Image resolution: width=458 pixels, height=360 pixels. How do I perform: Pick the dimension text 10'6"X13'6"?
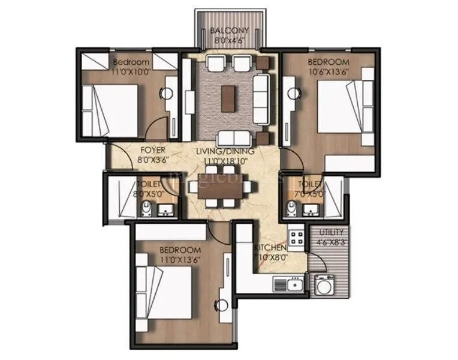tap(329, 71)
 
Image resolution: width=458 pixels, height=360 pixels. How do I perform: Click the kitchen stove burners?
tap(296, 236)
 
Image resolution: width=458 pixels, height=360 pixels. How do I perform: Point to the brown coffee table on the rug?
tap(228, 98)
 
